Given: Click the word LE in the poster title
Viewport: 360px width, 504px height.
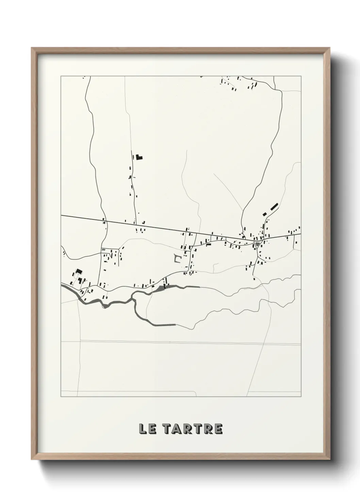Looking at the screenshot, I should click(x=147, y=429).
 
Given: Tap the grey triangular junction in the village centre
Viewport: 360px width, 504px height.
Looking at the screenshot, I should click(x=258, y=244).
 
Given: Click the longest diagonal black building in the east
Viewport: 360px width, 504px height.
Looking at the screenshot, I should click(x=274, y=206).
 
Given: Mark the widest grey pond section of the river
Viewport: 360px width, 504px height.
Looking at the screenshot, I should click(x=160, y=289).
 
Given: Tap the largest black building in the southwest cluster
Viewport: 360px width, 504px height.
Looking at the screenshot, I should click(x=79, y=271).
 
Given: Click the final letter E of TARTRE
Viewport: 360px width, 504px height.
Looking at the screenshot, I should click(x=218, y=429).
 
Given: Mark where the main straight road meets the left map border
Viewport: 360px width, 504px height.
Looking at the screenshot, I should click(x=61, y=216).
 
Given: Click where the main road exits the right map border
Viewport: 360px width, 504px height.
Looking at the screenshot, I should click(x=301, y=234).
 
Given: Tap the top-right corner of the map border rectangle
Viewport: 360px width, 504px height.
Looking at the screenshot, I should click(x=301, y=76).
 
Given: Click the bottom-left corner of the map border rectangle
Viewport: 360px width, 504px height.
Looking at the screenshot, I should click(x=61, y=396).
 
